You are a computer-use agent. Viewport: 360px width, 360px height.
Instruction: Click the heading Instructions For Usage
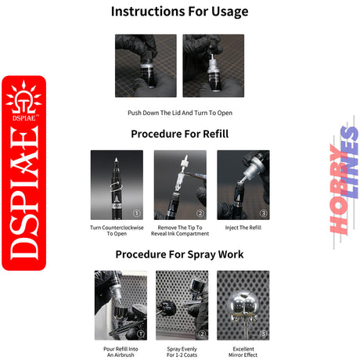pyautogui.click(x=180, y=12)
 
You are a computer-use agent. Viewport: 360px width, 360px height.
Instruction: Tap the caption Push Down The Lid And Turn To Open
pyautogui.click(x=180, y=113)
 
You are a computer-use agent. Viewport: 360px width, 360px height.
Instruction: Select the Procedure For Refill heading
pyautogui.click(x=180, y=134)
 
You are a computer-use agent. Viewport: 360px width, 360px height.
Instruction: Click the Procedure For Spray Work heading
pyautogui.click(x=180, y=254)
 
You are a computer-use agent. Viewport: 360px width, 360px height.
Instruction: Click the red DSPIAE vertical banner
pyautogui.click(x=24, y=173)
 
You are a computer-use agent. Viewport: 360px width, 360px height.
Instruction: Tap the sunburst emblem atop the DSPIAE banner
pyautogui.click(x=23, y=98)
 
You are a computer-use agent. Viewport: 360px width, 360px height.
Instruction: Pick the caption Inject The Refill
pyautogui.click(x=243, y=228)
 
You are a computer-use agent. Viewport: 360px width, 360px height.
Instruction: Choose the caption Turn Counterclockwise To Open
pyautogui.click(x=117, y=231)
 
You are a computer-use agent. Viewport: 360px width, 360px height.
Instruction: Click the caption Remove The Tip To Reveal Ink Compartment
pyautogui.click(x=180, y=231)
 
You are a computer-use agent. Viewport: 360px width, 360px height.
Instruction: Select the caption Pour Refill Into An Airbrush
pyautogui.click(x=121, y=352)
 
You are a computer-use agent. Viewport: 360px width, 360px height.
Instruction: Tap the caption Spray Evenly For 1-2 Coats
pyautogui.click(x=182, y=352)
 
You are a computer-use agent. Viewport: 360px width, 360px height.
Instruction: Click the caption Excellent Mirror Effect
pyautogui.click(x=243, y=352)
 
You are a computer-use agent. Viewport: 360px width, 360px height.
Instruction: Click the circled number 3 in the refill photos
pyautogui.click(x=263, y=213)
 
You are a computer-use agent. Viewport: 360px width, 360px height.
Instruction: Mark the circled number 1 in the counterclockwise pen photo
pyautogui.click(x=137, y=213)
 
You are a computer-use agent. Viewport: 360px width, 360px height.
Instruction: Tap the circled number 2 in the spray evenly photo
pyautogui.click(x=202, y=333)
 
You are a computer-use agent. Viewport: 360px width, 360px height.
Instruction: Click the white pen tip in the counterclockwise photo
pyautogui.click(x=116, y=160)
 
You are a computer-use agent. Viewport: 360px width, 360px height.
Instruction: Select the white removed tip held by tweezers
pyautogui.click(x=185, y=163)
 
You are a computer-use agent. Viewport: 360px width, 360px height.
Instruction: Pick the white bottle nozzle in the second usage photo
pyautogui.click(x=212, y=56)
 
